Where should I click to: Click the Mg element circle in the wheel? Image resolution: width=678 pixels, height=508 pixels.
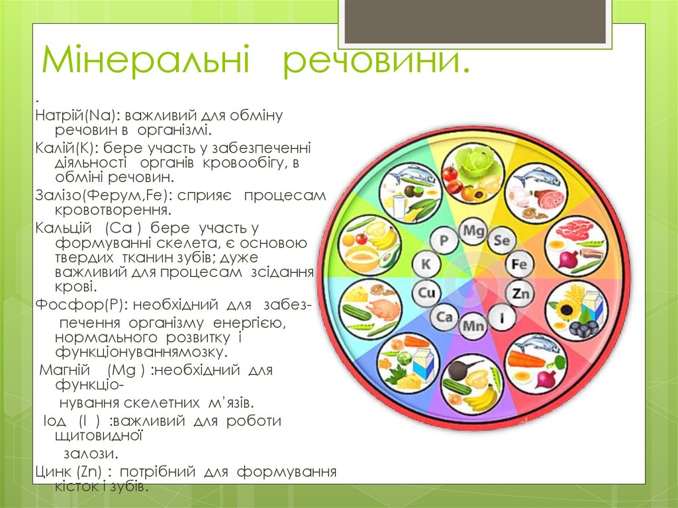473,231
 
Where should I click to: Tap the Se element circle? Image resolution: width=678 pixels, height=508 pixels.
501,240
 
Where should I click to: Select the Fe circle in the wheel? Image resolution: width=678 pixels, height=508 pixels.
520,265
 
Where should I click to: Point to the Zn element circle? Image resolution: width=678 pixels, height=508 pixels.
520,292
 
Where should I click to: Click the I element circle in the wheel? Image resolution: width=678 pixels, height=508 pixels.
503,317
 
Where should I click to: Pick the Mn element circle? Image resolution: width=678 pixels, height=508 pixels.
473,325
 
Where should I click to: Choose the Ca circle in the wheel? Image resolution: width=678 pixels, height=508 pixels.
444,317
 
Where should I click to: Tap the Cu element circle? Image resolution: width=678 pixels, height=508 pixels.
426,292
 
